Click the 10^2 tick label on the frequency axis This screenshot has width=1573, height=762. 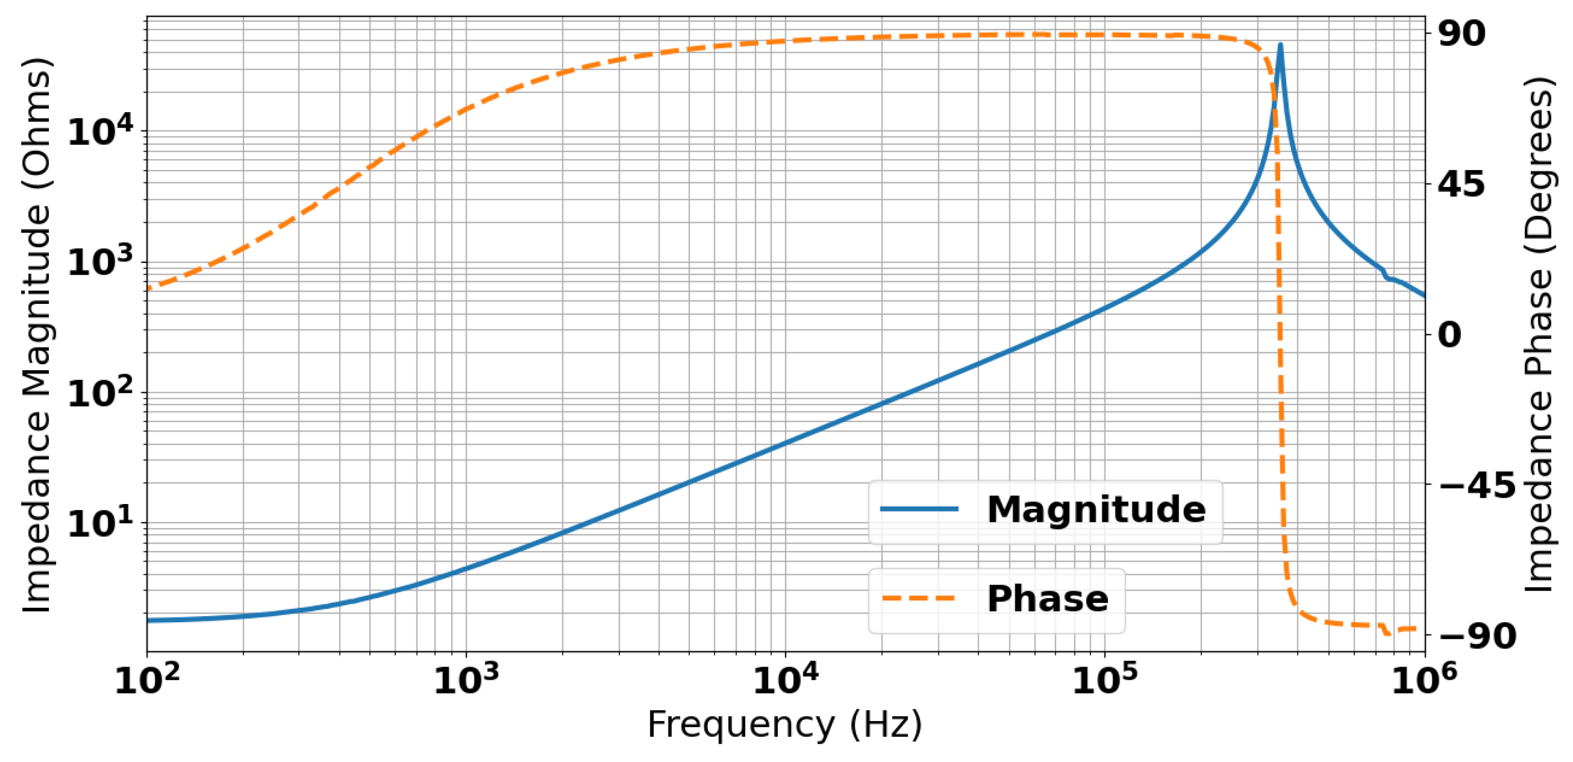point(147,680)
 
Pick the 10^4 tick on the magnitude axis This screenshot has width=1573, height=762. point(100,131)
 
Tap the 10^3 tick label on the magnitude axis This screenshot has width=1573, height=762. point(100,263)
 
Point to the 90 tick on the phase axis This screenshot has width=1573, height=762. point(1462,34)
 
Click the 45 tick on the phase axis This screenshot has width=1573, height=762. point(1462,184)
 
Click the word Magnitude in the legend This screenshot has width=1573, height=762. point(1096,509)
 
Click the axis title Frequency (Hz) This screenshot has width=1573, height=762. point(785,725)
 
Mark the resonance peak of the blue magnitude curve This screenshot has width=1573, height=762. point(1281,45)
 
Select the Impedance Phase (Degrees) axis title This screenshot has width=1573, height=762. point(1537,335)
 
